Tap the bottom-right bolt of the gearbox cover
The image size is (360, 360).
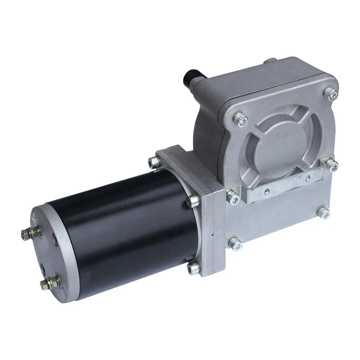click(x=324, y=213)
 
